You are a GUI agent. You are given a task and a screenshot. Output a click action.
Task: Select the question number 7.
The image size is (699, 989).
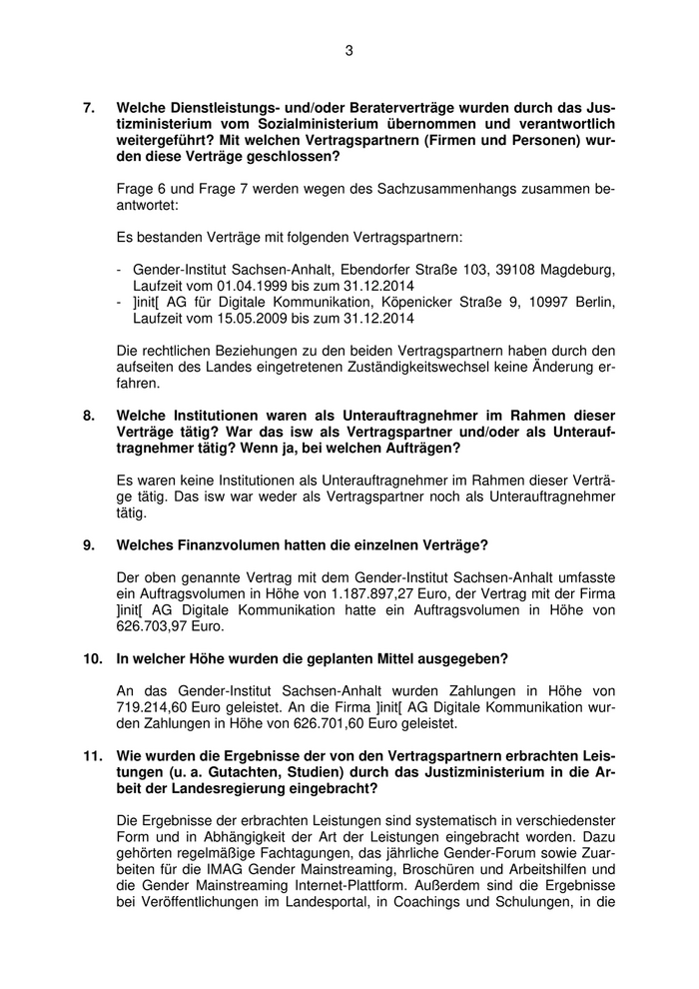click(x=88, y=106)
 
